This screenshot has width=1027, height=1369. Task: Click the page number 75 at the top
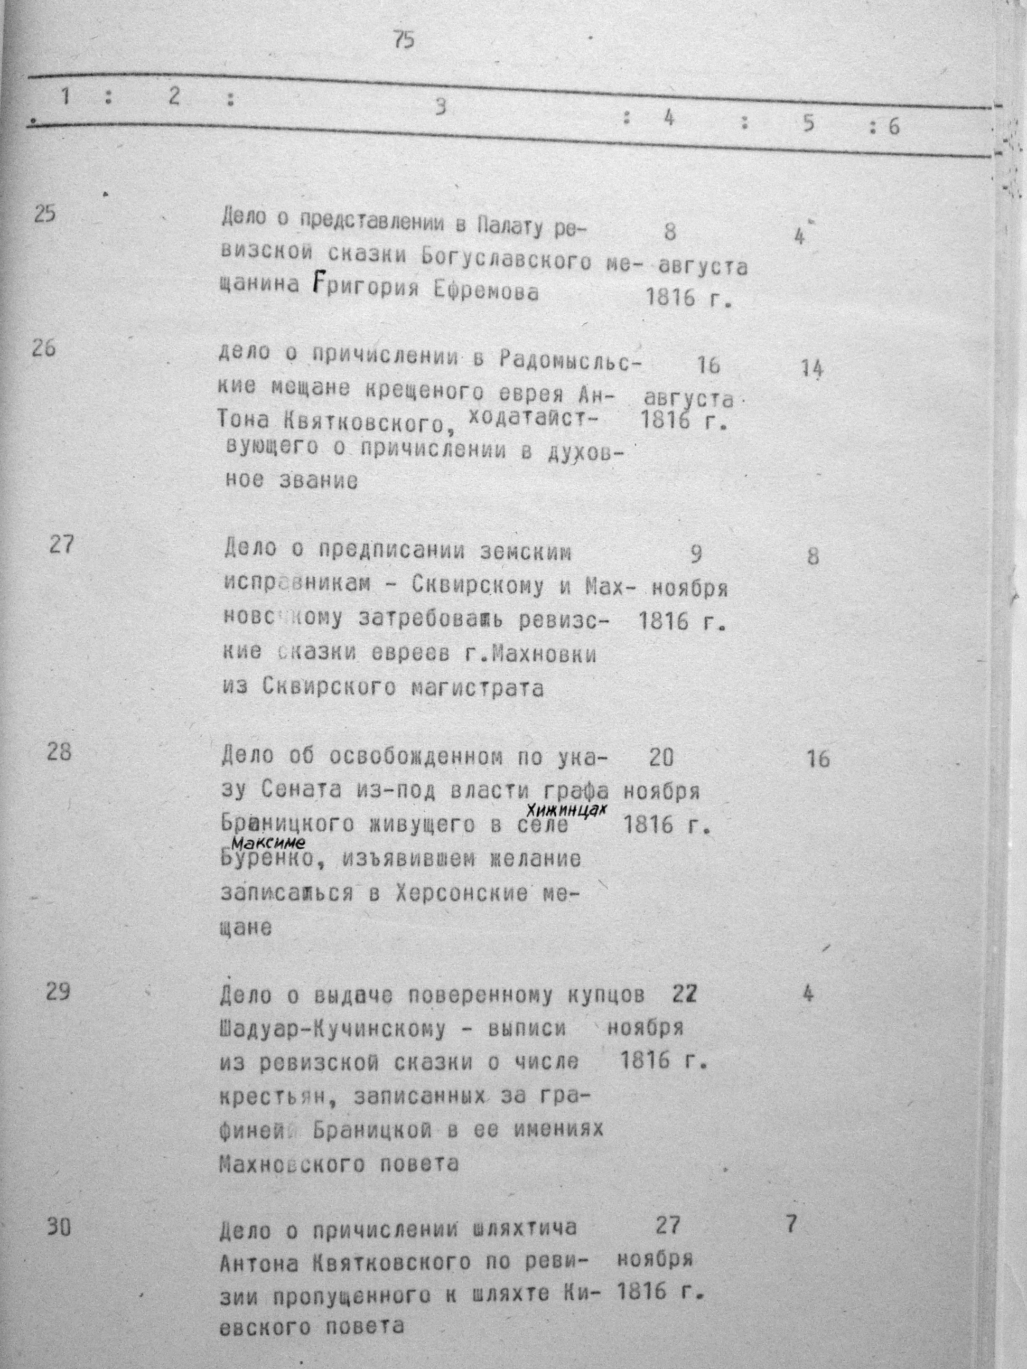click(x=404, y=41)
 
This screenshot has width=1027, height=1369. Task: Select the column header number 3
click(x=439, y=107)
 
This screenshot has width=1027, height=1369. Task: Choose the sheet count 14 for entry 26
click(x=811, y=369)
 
